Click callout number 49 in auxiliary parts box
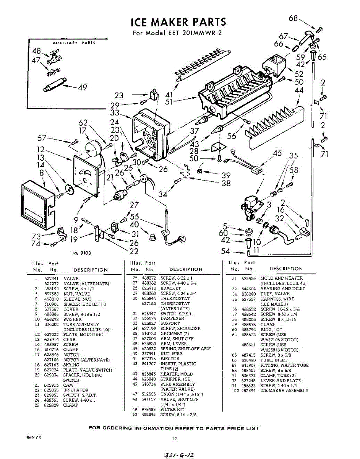tap(82, 88)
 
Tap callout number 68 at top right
tap(293, 18)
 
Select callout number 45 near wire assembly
tap(277, 153)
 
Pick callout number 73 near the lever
tap(36, 236)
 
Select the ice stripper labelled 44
tap(273, 124)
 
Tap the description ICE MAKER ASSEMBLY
tap(284, 391)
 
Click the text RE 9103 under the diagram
tap(82, 253)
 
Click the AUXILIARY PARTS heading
tap(74, 43)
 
